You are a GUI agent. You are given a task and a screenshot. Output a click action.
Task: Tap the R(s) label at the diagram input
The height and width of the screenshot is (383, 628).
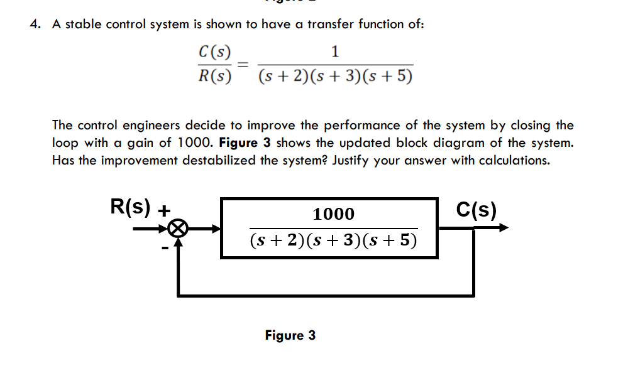(131, 207)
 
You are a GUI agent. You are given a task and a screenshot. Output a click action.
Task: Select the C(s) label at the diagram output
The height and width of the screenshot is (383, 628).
(476, 208)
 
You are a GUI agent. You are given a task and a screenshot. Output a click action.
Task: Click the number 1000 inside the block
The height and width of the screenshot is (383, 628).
(334, 214)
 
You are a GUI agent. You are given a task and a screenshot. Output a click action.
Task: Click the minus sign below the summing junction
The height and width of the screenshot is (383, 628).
(165, 249)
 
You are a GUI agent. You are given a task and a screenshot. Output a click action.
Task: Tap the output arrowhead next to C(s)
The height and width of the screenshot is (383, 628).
(502, 228)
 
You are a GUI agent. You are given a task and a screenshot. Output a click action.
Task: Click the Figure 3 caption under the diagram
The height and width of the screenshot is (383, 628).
(290, 335)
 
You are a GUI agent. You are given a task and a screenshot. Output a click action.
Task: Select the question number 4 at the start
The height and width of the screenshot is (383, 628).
(35, 24)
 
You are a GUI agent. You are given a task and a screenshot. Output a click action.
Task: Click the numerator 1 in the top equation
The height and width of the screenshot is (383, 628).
(335, 51)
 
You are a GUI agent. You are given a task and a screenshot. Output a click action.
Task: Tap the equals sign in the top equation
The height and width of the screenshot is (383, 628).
(243, 63)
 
